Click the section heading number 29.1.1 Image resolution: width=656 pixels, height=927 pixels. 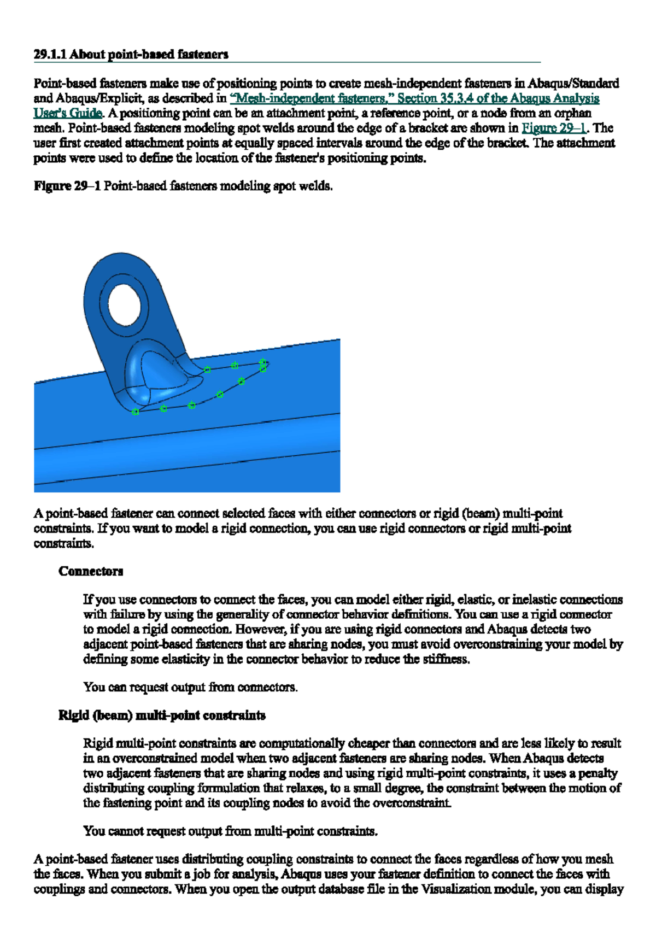[x=50, y=54]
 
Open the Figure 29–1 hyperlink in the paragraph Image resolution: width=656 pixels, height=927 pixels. [x=553, y=128]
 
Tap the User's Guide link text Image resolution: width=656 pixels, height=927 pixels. [x=68, y=113]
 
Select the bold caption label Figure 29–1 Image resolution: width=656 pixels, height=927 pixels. [x=67, y=186]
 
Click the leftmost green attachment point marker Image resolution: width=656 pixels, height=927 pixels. [x=135, y=412]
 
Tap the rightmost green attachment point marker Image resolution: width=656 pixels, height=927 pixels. [x=263, y=362]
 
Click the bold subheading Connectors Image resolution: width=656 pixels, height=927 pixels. [x=91, y=571]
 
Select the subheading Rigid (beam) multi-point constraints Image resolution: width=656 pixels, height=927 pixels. [x=162, y=715]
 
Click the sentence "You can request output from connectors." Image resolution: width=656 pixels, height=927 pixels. [x=190, y=687]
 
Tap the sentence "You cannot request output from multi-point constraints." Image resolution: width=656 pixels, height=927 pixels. [x=230, y=831]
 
